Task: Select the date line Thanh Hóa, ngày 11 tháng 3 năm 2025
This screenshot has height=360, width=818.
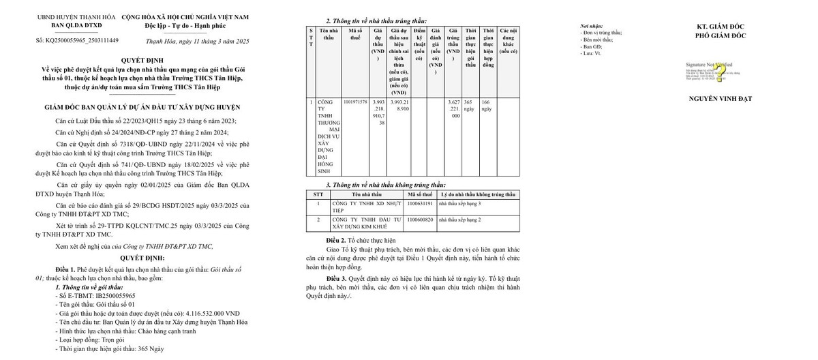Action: [198, 42]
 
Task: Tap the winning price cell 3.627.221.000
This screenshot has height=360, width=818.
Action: [453, 109]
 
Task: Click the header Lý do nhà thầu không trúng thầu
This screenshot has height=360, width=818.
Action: [477, 194]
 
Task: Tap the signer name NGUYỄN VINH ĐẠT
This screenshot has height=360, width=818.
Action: [721, 99]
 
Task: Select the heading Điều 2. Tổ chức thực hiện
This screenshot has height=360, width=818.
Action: [361, 241]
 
